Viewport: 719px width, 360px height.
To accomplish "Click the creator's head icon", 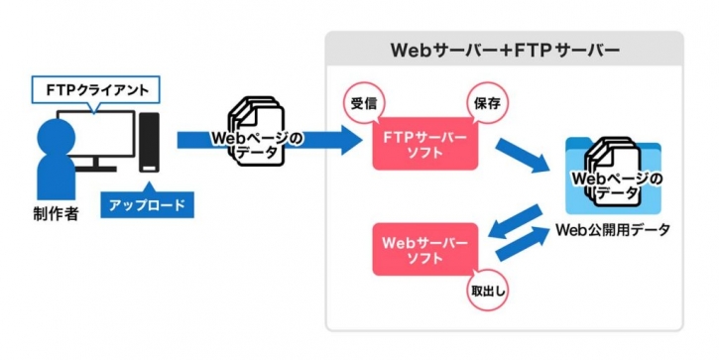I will point(50,135).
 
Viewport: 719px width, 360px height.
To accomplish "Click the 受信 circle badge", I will point(361,103).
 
